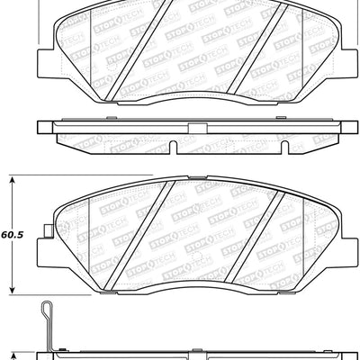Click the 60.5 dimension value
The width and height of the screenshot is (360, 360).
[12, 234]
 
